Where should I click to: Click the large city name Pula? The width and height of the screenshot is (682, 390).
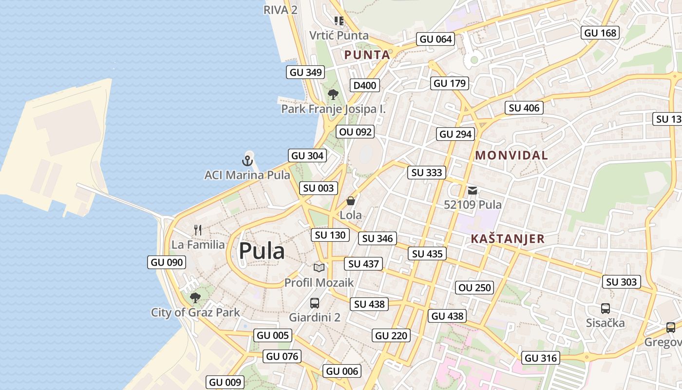pos(262,252)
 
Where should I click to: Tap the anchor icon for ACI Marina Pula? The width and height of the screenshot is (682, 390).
pos(247,160)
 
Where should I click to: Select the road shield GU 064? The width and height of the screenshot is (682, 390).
pos(436,39)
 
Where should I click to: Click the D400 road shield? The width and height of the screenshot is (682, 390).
pos(365,85)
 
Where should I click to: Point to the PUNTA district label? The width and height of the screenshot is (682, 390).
pos(367,55)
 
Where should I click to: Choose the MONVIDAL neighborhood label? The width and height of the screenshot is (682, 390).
pos(511,156)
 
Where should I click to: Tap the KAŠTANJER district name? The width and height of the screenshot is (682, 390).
pos(508,239)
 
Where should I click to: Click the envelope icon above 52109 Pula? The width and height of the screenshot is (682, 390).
pos(473,191)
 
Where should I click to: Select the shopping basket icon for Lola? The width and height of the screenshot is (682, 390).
pos(351,201)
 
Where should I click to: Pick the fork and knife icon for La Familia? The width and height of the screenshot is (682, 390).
pos(198,230)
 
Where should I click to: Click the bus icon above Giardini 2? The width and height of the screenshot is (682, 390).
pos(315,303)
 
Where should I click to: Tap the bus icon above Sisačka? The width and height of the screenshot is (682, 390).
pos(605,309)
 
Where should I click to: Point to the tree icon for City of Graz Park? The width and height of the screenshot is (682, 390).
pos(195,297)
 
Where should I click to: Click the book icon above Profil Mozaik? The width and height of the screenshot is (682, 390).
pos(319,268)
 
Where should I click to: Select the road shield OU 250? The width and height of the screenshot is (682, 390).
pos(475,288)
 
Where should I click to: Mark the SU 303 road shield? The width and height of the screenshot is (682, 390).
pos(621,282)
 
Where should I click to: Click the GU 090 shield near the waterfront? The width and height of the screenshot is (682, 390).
pos(167,262)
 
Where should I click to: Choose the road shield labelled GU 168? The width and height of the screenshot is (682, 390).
pos(600,33)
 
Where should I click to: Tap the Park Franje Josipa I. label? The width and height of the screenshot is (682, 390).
pos(333,109)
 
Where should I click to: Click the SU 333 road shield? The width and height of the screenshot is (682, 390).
pos(427,172)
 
